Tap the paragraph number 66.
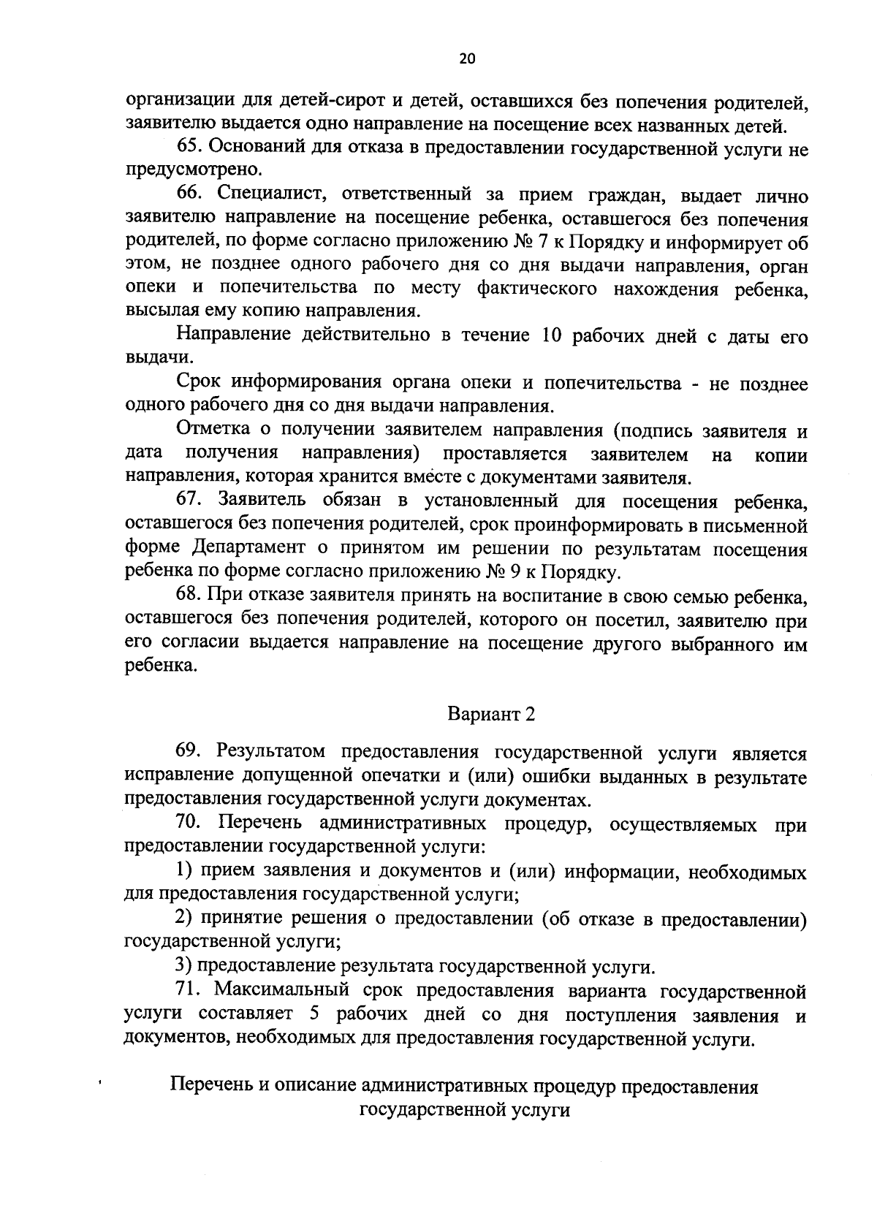pyautogui.click(x=189, y=196)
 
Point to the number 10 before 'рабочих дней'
pyautogui.click(x=553, y=337)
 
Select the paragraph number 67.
pyautogui.click(x=189, y=502)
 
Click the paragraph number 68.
pyautogui.click(x=189, y=598)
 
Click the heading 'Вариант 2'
pyautogui.click(x=491, y=714)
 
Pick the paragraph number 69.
pyautogui.click(x=189, y=753)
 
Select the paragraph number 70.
pyautogui.click(x=189, y=824)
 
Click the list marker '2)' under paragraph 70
pyautogui.click(x=185, y=919)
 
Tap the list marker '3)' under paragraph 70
pyautogui.click(x=185, y=967)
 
